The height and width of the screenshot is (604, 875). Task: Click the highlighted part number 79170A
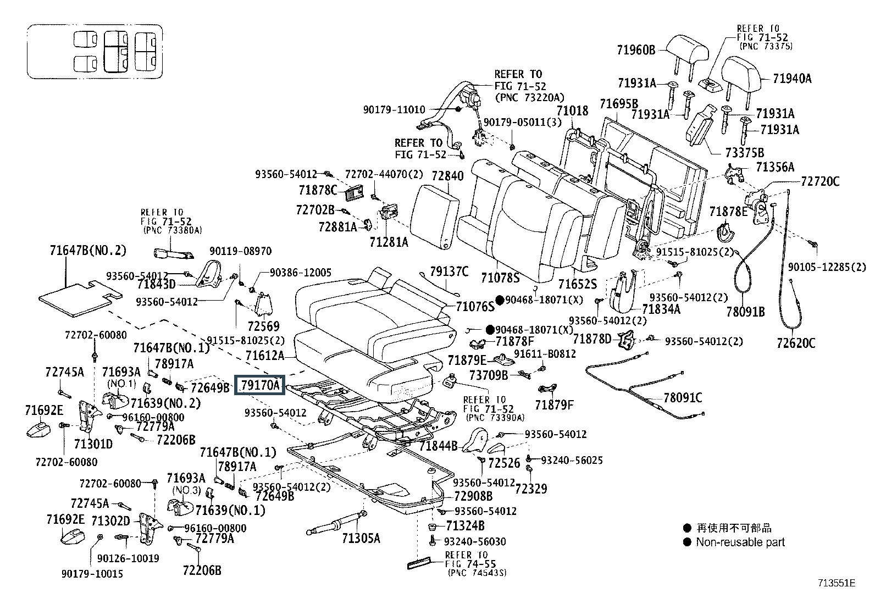click(x=260, y=385)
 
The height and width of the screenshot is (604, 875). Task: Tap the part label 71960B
click(x=636, y=50)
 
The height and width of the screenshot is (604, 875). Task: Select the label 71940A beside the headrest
click(x=792, y=79)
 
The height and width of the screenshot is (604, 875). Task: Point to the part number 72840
click(x=447, y=176)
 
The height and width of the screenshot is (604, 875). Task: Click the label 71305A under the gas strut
click(x=361, y=538)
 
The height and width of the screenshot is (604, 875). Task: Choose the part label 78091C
click(x=683, y=398)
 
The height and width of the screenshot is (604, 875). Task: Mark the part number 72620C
click(x=796, y=343)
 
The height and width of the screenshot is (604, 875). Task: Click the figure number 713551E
click(x=837, y=583)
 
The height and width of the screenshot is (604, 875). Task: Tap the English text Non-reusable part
click(x=740, y=542)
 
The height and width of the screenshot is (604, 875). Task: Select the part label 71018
click(x=572, y=111)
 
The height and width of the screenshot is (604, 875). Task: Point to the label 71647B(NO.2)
click(x=88, y=250)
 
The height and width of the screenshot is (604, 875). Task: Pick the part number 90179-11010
click(x=394, y=110)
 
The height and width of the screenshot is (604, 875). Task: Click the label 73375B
click(x=745, y=153)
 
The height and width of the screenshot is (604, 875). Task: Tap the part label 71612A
click(x=265, y=356)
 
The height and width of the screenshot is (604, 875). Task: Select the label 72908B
click(x=473, y=496)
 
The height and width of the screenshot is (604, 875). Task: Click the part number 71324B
click(x=465, y=526)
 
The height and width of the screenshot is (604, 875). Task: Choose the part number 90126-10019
click(x=128, y=558)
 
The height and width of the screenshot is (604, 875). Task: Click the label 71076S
click(x=475, y=307)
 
